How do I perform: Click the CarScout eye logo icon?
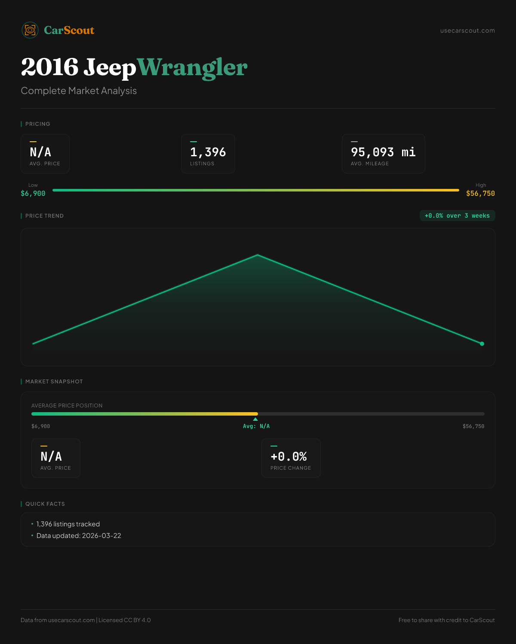pos(30,30)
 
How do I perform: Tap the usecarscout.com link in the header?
pos(467,30)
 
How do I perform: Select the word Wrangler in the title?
pos(192,67)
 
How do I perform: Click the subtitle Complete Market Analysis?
pos(79,91)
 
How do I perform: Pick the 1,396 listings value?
pos(208,152)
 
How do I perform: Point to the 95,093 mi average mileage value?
pos(383,152)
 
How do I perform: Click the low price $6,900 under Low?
pos(33,194)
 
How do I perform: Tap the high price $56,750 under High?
pos(480,194)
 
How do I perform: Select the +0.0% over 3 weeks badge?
pos(457,216)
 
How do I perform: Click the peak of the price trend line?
pos(258,255)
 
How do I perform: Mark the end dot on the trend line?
pos(482,343)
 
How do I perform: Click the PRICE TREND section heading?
pos(44,216)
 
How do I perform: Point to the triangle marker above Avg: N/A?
pos(255,419)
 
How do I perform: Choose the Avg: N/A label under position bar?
pos(256,426)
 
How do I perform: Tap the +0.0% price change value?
pos(289,456)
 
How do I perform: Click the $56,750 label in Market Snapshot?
pos(473,426)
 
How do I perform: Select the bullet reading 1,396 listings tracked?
pos(68,524)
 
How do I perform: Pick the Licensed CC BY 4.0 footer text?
pos(125,620)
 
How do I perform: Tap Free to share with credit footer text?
pos(446,620)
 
